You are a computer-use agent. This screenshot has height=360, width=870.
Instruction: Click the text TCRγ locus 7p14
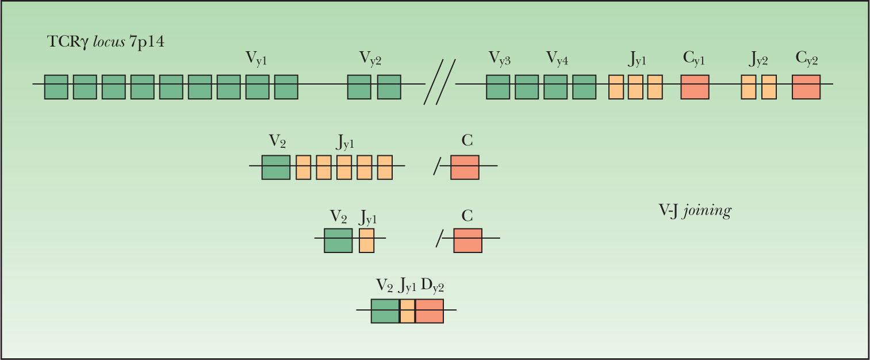[x=106, y=43]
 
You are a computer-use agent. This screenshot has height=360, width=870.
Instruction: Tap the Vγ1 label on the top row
[x=256, y=58]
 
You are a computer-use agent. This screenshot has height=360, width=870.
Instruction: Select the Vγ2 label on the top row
[x=370, y=58]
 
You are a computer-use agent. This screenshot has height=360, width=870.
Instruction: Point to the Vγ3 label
[x=500, y=58]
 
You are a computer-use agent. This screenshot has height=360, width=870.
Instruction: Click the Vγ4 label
[x=557, y=58]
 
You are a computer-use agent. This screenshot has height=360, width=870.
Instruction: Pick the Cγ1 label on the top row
[x=693, y=58]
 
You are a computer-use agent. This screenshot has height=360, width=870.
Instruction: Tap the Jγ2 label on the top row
[x=758, y=58]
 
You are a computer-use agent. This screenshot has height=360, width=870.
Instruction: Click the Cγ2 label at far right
[x=806, y=58]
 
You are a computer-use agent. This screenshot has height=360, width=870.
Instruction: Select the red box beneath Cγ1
[x=695, y=87]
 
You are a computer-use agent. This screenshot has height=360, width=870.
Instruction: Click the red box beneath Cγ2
[x=806, y=87]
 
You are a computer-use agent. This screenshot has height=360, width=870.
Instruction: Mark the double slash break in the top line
[x=440, y=82]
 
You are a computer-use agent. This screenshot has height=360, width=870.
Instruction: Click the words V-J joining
[x=695, y=211]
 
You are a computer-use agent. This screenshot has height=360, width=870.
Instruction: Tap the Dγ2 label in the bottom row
[x=432, y=284]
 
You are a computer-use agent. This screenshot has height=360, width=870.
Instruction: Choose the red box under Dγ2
[x=430, y=311]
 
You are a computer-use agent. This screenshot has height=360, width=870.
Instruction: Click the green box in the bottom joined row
[x=385, y=311]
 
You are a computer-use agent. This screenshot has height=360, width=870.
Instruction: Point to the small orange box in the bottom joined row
[x=407, y=311]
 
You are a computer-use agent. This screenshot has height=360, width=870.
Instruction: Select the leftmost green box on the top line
[x=56, y=87]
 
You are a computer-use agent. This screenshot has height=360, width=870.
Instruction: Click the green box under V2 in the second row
[x=276, y=167]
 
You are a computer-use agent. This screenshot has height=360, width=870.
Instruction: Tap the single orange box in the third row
[x=366, y=240]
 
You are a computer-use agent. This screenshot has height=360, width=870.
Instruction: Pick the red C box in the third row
[x=467, y=240]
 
